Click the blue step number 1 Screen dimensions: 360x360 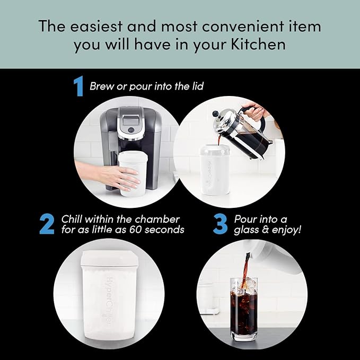pyautogui.click(x=78, y=86)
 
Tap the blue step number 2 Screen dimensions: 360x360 pyautogui.click(x=47, y=225)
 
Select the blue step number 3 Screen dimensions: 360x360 pyautogui.click(x=220, y=225)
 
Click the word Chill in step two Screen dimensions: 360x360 pyautogui.click(x=76, y=219)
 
